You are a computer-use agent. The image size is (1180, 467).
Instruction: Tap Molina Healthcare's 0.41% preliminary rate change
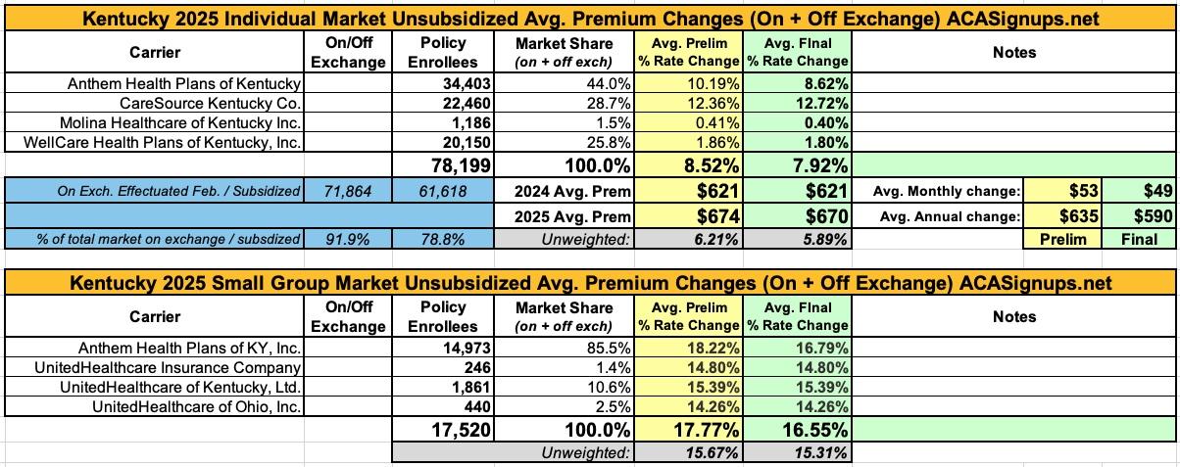point(697,124)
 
